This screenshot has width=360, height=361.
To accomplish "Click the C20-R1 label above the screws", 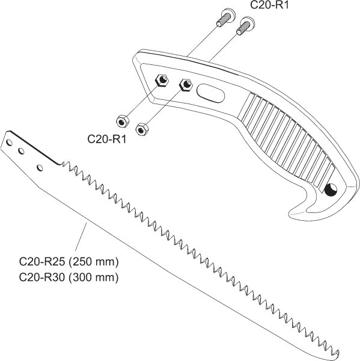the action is click(x=269, y=5).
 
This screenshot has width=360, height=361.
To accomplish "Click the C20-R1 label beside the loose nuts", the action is click(x=107, y=139).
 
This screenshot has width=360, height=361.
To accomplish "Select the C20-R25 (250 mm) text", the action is click(x=69, y=262).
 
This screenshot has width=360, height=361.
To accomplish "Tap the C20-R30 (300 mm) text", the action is click(x=69, y=277).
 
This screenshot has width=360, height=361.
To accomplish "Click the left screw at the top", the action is click(x=225, y=17).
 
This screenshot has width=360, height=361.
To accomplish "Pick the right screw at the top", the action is click(x=246, y=25).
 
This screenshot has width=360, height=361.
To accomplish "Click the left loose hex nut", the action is click(x=123, y=122).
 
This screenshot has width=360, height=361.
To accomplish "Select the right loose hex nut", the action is click(x=142, y=129).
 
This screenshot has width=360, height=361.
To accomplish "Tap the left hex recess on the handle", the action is click(x=162, y=81).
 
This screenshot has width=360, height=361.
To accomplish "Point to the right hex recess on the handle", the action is click(x=186, y=85).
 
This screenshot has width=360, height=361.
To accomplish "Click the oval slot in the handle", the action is click(x=210, y=93).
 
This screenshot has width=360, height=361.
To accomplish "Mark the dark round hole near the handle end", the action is click(x=331, y=190).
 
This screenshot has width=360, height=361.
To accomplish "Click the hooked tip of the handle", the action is click(x=290, y=214).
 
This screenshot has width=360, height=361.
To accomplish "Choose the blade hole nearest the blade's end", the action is click(x=9, y=143).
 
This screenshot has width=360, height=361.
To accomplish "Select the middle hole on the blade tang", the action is click(x=21, y=151).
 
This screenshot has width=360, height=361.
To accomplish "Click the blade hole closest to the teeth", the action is click(x=40, y=168).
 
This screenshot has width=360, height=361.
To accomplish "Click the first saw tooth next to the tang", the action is click(x=63, y=163).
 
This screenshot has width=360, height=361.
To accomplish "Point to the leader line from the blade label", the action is click(x=81, y=236).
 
